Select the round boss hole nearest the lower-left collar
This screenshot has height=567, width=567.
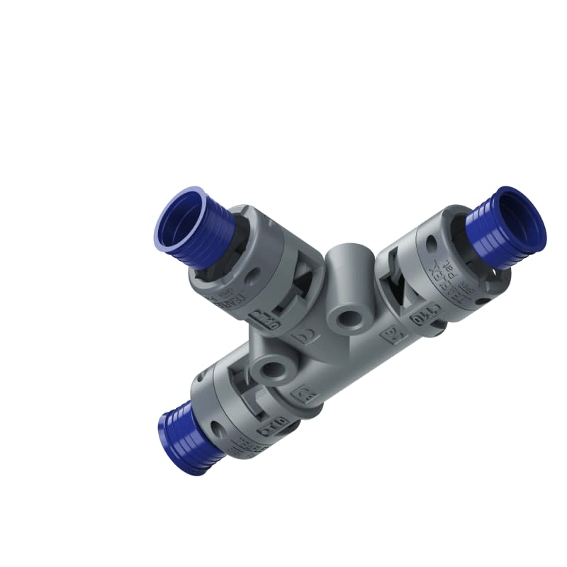[x=274, y=369]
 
